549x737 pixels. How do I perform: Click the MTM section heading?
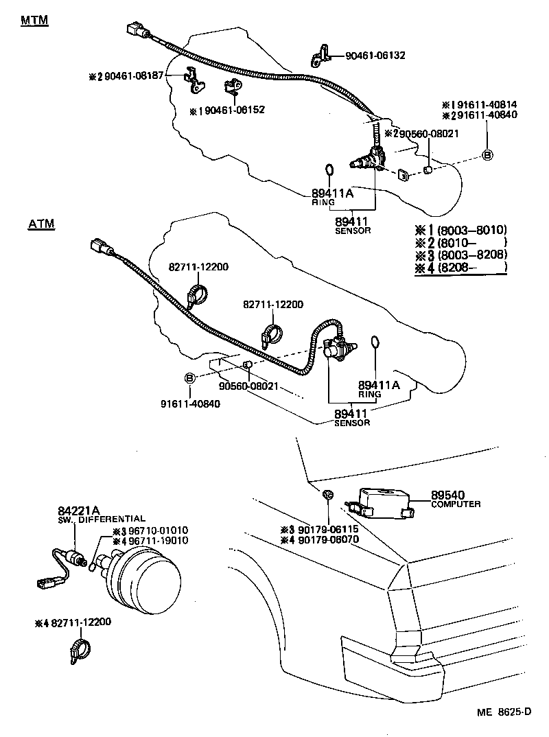click(34, 20)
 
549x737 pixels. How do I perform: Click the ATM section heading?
click(41, 224)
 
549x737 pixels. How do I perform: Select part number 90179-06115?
click(326, 529)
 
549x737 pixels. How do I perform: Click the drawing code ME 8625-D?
click(504, 712)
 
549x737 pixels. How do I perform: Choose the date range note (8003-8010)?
click(460, 230)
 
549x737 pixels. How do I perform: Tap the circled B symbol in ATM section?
click(189, 378)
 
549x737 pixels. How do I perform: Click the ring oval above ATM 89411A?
click(375, 342)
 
